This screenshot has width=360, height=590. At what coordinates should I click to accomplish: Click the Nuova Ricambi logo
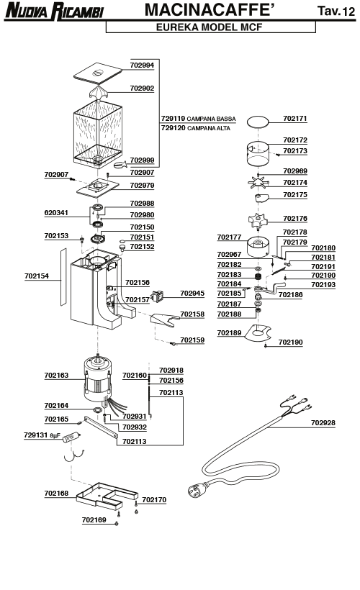tap(55, 11)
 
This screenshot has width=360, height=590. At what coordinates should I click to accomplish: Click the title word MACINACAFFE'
tap(209, 10)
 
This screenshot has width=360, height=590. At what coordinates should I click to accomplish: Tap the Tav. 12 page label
tap(336, 11)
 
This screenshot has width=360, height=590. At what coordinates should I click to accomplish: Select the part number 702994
tap(142, 65)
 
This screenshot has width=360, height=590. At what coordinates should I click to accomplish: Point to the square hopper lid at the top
tap(98, 72)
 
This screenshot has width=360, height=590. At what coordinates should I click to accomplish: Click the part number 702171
tap(295, 119)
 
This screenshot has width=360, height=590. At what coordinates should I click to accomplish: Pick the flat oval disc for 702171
tap(258, 122)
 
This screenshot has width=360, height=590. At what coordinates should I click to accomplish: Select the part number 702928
tap(323, 422)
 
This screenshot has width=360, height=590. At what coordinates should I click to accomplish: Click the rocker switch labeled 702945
tap(158, 296)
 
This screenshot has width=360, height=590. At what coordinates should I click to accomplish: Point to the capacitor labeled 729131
tap(72, 437)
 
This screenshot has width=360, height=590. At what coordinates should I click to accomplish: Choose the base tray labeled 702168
tap(107, 496)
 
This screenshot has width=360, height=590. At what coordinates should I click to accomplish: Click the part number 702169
tap(94, 519)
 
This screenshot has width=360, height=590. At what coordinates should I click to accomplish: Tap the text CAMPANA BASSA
tap(211, 119)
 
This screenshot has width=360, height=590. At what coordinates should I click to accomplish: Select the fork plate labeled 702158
tap(165, 319)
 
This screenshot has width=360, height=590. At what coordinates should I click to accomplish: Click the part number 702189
tap(229, 332)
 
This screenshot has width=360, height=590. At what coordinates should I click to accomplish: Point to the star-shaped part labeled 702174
tap(258, 183)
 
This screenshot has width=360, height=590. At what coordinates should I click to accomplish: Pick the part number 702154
tap(37, 276)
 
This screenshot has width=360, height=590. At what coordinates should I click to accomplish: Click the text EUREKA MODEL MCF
tap(209, 27)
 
